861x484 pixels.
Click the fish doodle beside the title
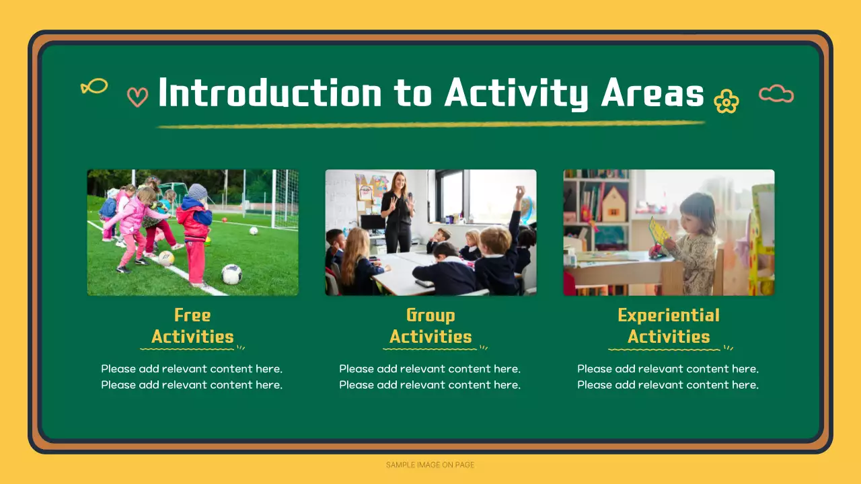coord(93,87)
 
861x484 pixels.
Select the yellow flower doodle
coord(726,102)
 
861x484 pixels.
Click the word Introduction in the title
coord(270,92)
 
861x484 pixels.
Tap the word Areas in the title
coord(652,93)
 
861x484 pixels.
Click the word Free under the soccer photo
coord(192,315)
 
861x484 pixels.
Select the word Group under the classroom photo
coord(430,316)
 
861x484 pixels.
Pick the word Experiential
coord(669,316)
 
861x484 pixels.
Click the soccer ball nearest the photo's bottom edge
coord(231,274)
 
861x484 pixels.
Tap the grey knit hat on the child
coord(197,192)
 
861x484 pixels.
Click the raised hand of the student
coord(520,192)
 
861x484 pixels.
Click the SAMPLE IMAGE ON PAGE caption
coord(430,465)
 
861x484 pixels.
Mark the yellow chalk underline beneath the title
coord(431,124)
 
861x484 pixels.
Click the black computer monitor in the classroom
coord(373,223)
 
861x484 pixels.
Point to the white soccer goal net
coord(285,199)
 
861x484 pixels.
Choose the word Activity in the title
coord(516,93)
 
